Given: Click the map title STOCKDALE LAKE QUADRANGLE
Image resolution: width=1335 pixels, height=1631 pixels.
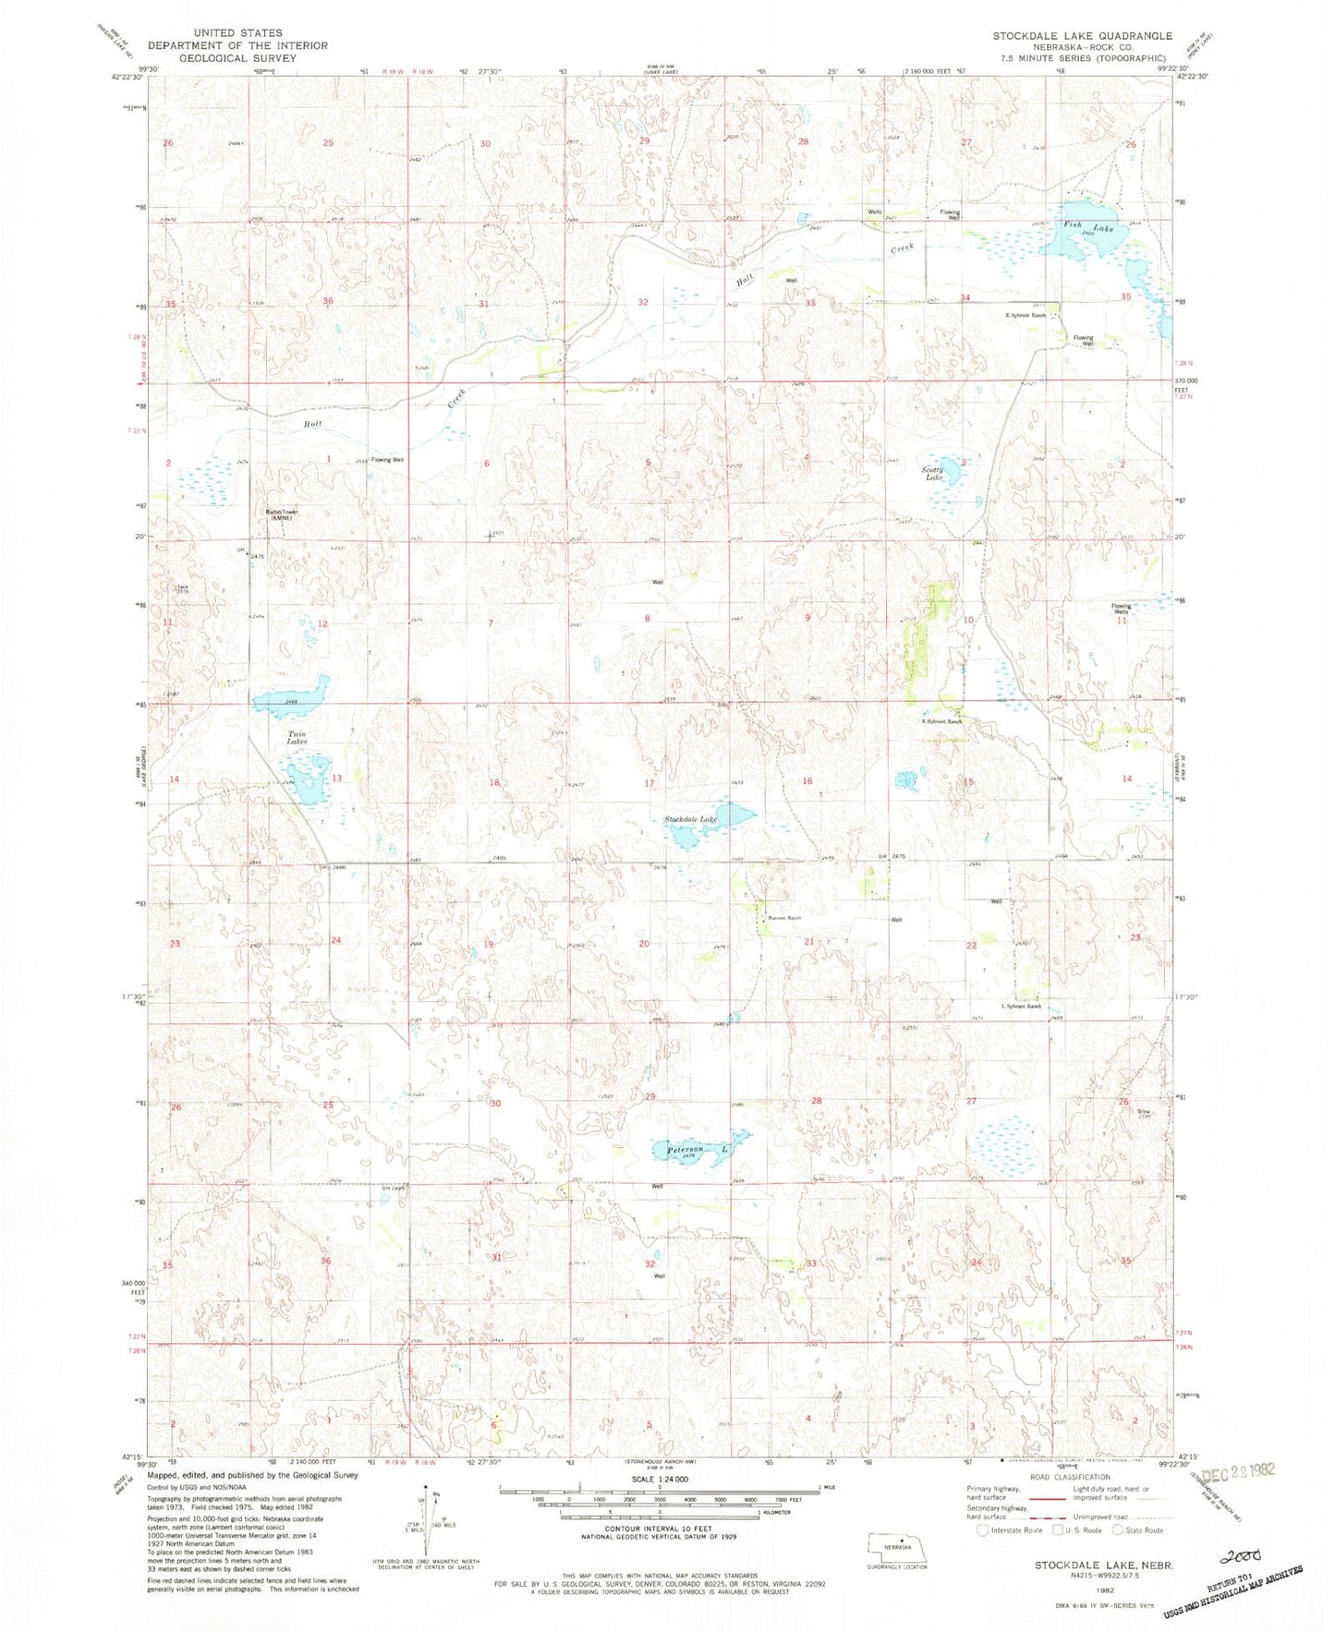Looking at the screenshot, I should [1083, 35].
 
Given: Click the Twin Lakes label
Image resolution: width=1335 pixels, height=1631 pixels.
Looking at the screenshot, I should [297, 737].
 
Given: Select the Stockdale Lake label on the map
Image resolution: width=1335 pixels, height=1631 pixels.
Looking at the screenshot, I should [691, 819].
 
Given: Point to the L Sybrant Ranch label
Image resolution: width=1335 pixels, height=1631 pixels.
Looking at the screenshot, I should [1021, 1006].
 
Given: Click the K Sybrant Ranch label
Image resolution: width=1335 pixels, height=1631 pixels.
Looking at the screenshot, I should [942, 721].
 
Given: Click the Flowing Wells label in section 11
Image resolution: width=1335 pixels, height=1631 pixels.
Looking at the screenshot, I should [1121, 609].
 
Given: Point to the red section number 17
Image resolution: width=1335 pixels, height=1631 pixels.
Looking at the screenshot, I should [649, 783].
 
